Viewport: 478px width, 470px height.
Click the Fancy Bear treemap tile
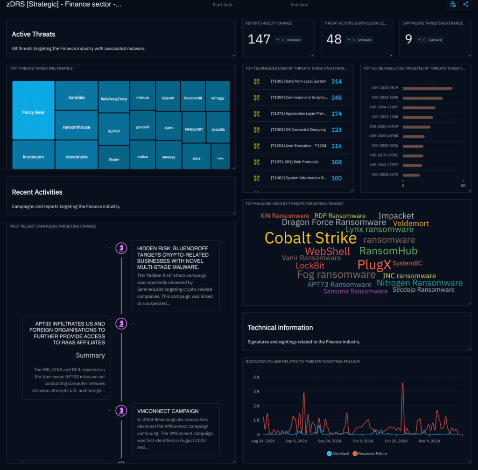tap(33, 112)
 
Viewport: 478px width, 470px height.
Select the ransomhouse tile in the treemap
tap(77, 127)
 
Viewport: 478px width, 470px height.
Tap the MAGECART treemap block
tap(194, 129)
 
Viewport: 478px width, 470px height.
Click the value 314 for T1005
tap(336, 82)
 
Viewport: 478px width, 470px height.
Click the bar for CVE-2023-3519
tap(427, 88)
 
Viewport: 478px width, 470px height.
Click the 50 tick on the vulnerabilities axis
tap(463, 186)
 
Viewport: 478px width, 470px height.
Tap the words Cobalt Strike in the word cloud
tap(310, 238)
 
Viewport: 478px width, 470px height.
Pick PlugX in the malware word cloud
tap(374, 265)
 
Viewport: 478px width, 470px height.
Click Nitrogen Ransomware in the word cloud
tap(420, 282)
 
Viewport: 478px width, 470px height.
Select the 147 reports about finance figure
tap(259, 39)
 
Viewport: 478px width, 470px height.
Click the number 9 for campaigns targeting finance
tap(408, 39)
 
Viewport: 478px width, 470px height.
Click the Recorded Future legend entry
tap(369, 453)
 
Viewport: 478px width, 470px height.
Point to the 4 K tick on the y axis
tap(256, 377)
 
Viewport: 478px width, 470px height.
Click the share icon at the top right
tap(465, 4)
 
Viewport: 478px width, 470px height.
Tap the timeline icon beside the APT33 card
tap(121, 323)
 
